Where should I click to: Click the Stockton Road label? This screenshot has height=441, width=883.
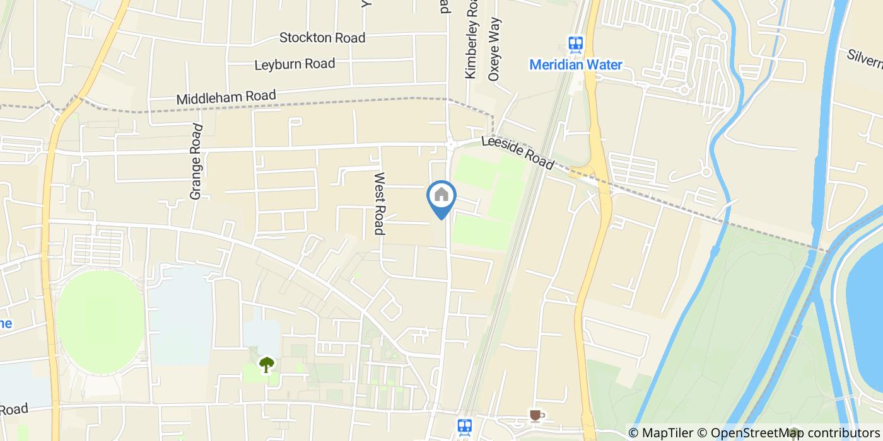[x=322, y=38]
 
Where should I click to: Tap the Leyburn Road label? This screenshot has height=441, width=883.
[x=295, y=64]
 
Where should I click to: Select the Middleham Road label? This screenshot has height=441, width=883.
[x=226, y=98]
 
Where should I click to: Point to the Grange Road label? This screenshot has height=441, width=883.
[x=196, y=162]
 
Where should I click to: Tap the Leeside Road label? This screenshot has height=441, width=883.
[x=517, y=153]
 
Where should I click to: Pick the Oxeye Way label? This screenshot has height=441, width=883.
[x=494, y=49]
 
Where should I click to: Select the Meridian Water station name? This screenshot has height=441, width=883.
[x=575, y=65]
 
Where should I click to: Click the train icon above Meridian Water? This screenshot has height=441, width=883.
[x=575, y=43]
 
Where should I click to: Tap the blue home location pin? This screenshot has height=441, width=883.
[x=441, y=196]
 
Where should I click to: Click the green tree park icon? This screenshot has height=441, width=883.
[x=267, y=364]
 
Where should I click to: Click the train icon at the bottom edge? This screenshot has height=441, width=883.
[x=465, y=427]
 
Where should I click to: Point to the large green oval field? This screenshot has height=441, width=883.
[x=101, y=321]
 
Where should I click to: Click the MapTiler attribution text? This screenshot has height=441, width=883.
[x=660, y=433]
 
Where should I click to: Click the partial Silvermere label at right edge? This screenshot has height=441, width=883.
[x=865, y=58]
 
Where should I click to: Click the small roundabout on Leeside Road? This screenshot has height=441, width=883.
[x=450, y=144]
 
